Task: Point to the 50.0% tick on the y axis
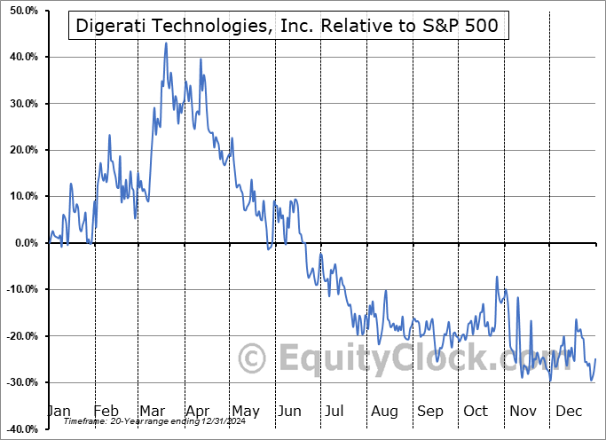(x=20, y=11)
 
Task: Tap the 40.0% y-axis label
(x=20, y=57)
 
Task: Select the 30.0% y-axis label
(x=20, y=104)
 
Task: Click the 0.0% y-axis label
(x=22, y=243)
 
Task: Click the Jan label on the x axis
(x=59, y=411)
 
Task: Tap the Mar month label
(x=153, y=411)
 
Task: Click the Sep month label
(x=430, y=411)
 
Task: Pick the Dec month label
(x=569, y=411)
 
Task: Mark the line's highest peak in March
(x=166, y=43)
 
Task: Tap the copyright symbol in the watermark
(x=253, y=359)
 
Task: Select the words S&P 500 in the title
(x=463, y=27)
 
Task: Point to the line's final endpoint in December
(x=595, y=358)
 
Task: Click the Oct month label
(x=476, y=411)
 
